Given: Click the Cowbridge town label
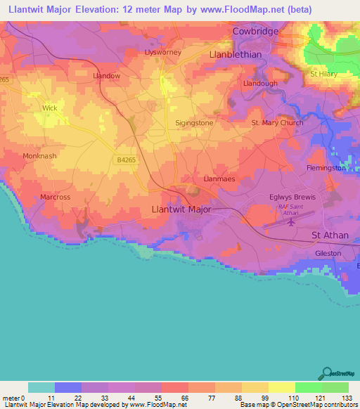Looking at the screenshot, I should click(x=256, y=32).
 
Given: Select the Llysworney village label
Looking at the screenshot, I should click(x=162, y=52).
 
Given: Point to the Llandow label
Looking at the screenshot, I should click(x=106, y=75).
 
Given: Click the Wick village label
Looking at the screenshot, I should click(x=50, y=108).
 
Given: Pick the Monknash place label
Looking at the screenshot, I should click(x=39, y=156).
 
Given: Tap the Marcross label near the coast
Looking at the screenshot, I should click(x=56, y=197).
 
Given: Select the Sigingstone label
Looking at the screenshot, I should click(x=194, y=122).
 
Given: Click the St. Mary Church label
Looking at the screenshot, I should click(x=278, y=122).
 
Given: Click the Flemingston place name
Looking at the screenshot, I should click(x=326, y=168).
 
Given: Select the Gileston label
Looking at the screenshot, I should click(x=328, y=253).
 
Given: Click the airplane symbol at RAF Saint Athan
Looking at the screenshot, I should click(x=290, y=222).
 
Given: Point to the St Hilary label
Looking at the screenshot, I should click(x=323, y=74).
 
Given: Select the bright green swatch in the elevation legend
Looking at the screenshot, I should click(x=308, y=387).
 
